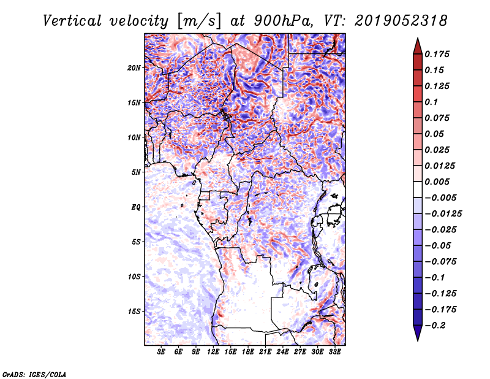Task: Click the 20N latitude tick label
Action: tap(134, 68)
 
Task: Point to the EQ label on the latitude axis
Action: tap(135, 207)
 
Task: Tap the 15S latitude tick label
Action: tap(134, 312)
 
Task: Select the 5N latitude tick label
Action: tap(136, 172)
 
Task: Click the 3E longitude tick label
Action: tap(161, 352)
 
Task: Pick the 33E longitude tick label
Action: tap(334, 352)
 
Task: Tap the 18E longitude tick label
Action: tap(248, 352)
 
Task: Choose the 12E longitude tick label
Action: tap(213, 352)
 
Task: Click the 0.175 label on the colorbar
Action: tap(437, 54)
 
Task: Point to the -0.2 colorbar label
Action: tap(435, 326)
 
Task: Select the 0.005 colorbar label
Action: tap(437, 182)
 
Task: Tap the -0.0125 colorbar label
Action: tap(443, 214)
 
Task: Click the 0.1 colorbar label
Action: tap(431, 102)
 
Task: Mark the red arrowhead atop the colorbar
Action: tap(418, 46)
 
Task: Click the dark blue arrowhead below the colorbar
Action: tap(418, 333)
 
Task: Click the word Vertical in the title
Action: tap(72, 21)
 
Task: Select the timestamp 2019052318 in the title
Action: tap(401, 21)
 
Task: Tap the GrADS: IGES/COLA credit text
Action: tap(34, 374)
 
